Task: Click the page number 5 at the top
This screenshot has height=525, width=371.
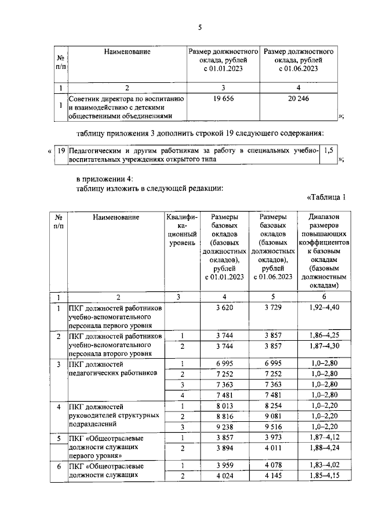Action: coord(199,28)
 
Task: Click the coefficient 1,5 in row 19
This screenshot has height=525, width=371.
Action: coord(328,151)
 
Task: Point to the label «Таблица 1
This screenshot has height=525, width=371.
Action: coord(325,197)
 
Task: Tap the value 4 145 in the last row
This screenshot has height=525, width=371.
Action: coord(273,476)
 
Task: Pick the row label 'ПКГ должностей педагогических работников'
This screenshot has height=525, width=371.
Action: coord(113,369)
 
